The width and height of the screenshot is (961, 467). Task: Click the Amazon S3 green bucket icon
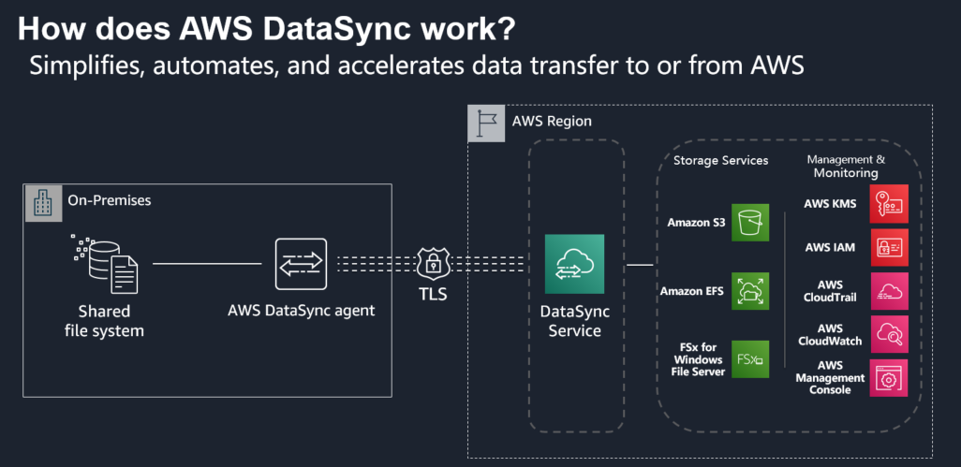pos(750,223)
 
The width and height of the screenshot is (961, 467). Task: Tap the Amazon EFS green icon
pos(750,291)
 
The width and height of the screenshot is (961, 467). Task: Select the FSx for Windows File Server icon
pos(750,358)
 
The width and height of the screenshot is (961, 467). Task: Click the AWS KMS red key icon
pos(889,203)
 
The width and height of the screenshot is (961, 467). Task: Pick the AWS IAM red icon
pos(889,247)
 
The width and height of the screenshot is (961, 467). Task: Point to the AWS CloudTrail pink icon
pos(889,291)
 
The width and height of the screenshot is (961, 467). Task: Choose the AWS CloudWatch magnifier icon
pos(889,334)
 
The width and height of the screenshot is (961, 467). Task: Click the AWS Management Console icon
pos(889,377)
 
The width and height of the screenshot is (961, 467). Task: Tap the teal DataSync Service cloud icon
pos(574,264)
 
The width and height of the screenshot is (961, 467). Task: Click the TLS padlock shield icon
pos(433,264)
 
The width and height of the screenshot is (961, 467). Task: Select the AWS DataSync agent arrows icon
pos(301,264)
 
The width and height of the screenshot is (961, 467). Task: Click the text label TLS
pos(433,295)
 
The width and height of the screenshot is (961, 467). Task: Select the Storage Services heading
pos(720,160)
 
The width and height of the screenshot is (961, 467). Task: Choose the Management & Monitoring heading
pos(846,166)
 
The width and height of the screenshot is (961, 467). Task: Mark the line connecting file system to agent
pos(207,264)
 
